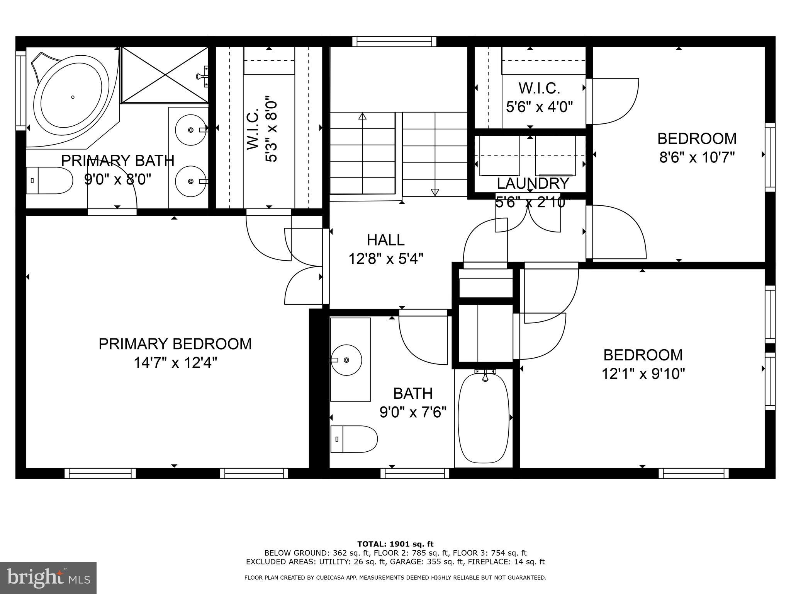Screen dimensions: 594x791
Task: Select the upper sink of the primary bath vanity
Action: (190, 130)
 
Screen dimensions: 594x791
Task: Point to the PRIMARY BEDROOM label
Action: (175, 344)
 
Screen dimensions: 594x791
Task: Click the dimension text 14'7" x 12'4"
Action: (175, 363)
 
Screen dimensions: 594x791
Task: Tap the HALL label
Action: (385, 240)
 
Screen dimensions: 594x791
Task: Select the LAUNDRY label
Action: (533, 183)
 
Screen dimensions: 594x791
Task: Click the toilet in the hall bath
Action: (354, 439)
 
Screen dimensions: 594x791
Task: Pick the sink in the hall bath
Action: (346, 360)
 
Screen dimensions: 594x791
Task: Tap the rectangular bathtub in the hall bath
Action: (483, 417)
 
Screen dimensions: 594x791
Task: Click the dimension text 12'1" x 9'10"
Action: (643, 374)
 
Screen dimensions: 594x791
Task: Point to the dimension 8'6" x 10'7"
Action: (696, 157)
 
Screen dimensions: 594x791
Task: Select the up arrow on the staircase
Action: (362, 116)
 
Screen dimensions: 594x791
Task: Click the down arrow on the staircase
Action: (435, 192)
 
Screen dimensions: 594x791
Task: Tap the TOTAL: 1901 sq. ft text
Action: (395, 544)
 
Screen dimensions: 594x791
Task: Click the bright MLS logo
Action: (48, 578)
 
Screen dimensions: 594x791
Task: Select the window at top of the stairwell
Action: (394, 41)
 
